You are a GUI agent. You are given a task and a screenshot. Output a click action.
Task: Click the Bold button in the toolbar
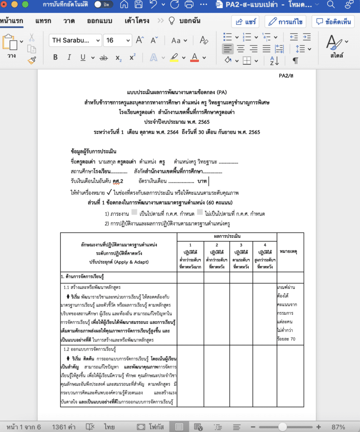(55, 57)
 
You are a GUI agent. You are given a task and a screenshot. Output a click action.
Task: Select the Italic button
(68, 57)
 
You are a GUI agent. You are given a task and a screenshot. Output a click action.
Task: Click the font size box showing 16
(113, 40)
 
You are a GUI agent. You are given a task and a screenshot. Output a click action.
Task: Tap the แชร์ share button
(245, 22)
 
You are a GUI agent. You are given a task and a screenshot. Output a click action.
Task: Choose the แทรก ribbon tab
(43, 21)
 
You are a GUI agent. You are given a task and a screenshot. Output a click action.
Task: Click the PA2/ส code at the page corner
(286, 76)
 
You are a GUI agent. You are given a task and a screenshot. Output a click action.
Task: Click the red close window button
(5, 5)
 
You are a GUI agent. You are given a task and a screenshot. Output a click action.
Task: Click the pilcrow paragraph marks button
(295, 60)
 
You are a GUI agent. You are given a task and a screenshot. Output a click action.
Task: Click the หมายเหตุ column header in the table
(288, 251)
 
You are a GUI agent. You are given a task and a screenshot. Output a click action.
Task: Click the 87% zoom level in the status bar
(338, 427)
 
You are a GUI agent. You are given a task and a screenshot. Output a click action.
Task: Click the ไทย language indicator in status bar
(110, 427)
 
